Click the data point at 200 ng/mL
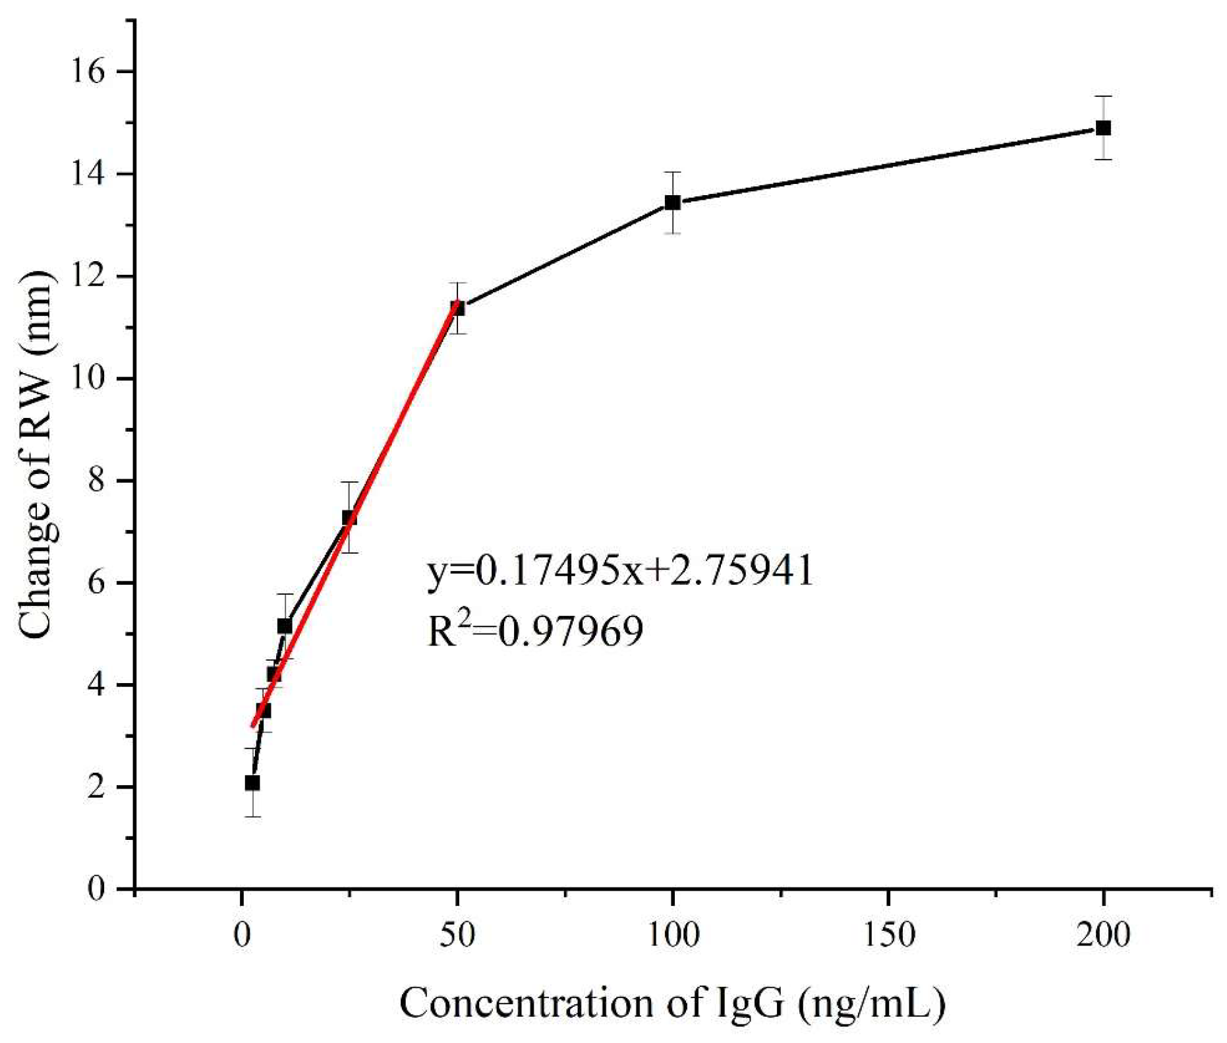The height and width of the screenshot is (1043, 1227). click(x=1103, y=128)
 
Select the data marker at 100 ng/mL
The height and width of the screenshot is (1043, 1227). click(x=672, y=202)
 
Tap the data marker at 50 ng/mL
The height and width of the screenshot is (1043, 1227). click(x=457, y=308)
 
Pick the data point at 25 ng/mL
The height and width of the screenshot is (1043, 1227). click(x=349, y=518)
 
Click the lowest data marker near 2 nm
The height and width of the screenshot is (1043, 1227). click(x=252, y=783)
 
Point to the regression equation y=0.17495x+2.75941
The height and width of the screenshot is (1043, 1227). click(x=620, y=571)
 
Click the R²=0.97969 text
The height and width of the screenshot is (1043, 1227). click(x=535, y=631)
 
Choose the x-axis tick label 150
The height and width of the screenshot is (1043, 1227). click(x=888, y=936)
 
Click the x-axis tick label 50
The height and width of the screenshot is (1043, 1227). click(x=457, y=936)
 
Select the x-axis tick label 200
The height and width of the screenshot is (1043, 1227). click(x=1103, y=936)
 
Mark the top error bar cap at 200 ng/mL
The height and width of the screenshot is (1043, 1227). click(x=1103, y=97)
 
